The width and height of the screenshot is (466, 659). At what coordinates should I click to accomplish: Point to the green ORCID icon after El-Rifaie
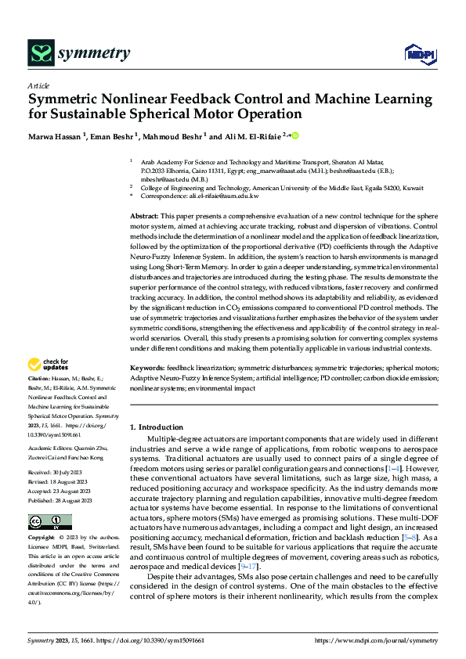click(x=295, y=135)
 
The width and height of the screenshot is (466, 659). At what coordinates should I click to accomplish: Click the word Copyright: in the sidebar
click(x=42, y=517)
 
